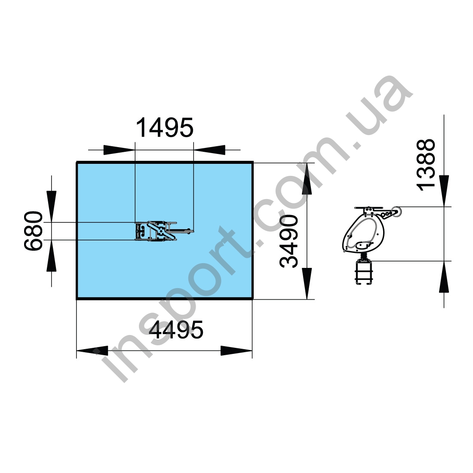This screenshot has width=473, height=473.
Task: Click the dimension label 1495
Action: coord(165,128)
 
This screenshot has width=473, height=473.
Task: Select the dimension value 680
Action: coord(34,231)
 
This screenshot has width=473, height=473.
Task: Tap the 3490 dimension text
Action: coord(289,241)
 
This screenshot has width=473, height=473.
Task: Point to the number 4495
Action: coord(176,330)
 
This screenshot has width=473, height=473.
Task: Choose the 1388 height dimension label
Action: coord(426,165)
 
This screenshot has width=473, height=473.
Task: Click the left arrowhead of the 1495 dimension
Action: coord(119,150)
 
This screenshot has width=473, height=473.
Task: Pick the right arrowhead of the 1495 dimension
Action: coord(209,150)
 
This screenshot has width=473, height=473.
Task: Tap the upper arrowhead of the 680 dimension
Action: coord(52,206)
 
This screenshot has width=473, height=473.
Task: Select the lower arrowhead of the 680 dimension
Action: coord(52,256)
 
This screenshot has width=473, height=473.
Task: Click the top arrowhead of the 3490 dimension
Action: coord(307,179)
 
